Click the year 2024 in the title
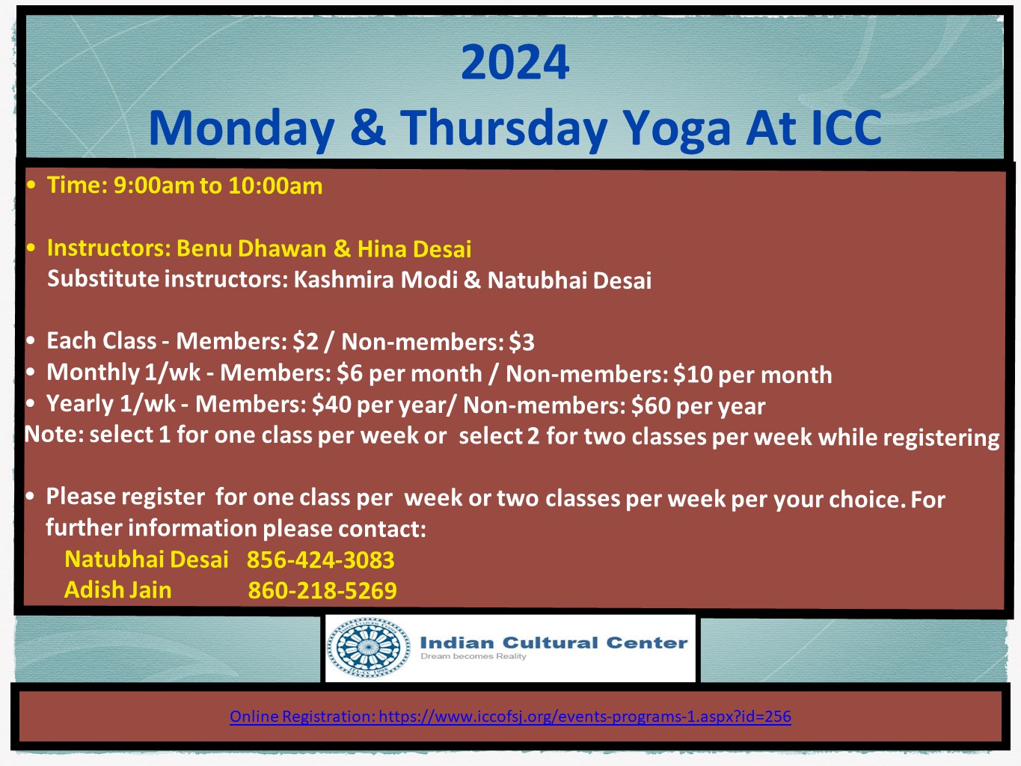pos(515,62)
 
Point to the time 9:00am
pos(153,185)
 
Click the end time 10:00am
pos(275,186)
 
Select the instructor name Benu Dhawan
pos(251,248)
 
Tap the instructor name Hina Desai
pos(414,249)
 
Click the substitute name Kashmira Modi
pos(375,280)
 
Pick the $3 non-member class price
pos(521,343)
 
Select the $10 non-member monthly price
pos(752,375)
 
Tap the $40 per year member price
pos(378,405)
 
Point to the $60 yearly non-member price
pos(698,406)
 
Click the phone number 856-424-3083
pos(320,560)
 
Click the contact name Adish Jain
pos(118,589)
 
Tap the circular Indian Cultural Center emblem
pos(369,647)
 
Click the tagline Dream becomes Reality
pos(473,656)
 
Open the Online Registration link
pos(510,716)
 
